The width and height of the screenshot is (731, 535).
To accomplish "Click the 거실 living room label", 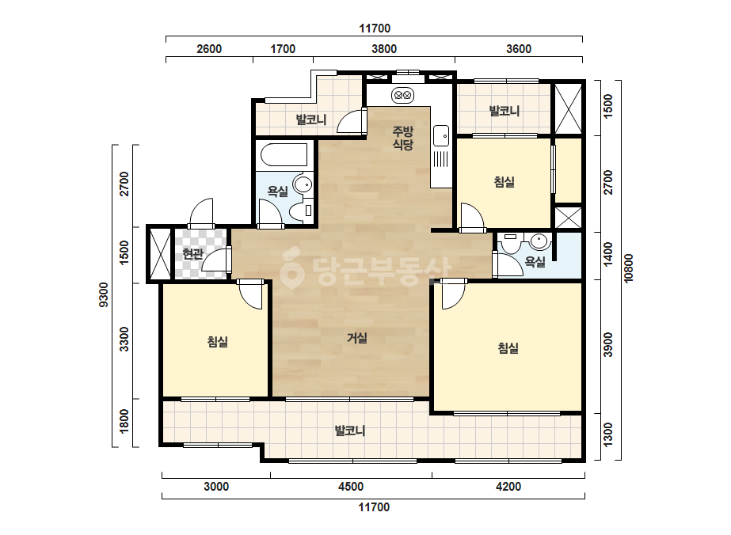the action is click(357, 338).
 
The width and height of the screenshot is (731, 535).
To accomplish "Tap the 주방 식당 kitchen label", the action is click(403, 138).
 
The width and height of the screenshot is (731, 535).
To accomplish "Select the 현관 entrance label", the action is click(192, 254).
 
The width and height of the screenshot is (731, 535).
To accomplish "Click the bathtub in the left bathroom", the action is click(284, 154).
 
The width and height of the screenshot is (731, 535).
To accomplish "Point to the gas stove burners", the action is click(402, 96).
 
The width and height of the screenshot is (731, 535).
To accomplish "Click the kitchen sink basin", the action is click(440, 135).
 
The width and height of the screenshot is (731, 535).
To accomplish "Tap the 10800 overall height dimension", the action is click(628, 268).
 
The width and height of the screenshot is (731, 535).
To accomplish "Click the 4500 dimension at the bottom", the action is click(351, 487).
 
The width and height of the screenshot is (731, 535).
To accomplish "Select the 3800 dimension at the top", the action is click(384, 49).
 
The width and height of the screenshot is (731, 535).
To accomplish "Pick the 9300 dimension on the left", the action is click(104, 294).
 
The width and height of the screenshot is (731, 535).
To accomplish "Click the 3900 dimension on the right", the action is click(608, 345).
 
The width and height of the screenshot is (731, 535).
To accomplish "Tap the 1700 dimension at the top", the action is click(283, 49).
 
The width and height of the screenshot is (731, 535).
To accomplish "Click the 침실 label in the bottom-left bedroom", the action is click(217, 342).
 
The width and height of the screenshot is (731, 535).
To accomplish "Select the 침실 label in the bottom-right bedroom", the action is click(508, 347).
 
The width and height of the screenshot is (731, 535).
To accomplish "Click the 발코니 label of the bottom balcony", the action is click(349, 431).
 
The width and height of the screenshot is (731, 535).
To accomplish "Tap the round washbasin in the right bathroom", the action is click(539, 241).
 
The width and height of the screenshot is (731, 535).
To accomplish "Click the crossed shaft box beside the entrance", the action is click(160, 254).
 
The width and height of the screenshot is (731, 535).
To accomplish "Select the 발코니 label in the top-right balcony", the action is click(504, 111).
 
